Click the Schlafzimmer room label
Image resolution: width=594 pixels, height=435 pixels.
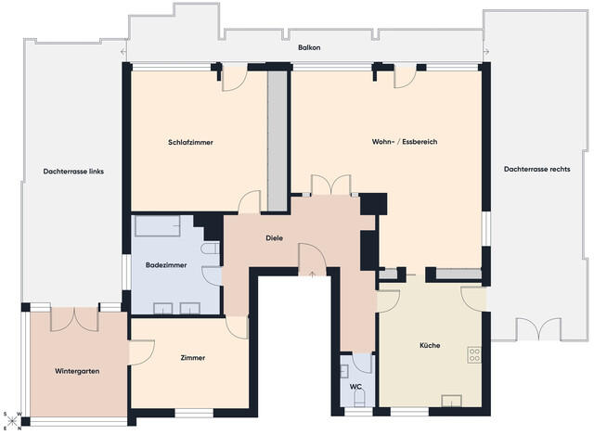pos(191,143)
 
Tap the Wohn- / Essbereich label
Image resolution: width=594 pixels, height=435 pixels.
pos(404,143)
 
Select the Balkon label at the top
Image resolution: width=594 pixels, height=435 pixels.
pos(309,47)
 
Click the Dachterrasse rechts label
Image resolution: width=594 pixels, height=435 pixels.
pos(536,170)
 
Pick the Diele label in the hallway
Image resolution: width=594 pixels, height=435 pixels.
pos(274,238)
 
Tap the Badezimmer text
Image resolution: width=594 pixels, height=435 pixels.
pos(166,265)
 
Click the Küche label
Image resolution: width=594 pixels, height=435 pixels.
pos(429,346)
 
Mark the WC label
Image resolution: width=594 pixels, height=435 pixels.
pos(355,387)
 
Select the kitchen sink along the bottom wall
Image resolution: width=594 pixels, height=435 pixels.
pos(454,401)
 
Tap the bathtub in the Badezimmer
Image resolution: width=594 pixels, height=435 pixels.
pos(163,226)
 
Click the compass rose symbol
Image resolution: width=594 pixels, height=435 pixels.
pos(12,420)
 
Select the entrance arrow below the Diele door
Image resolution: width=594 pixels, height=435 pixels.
pos(313,273)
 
